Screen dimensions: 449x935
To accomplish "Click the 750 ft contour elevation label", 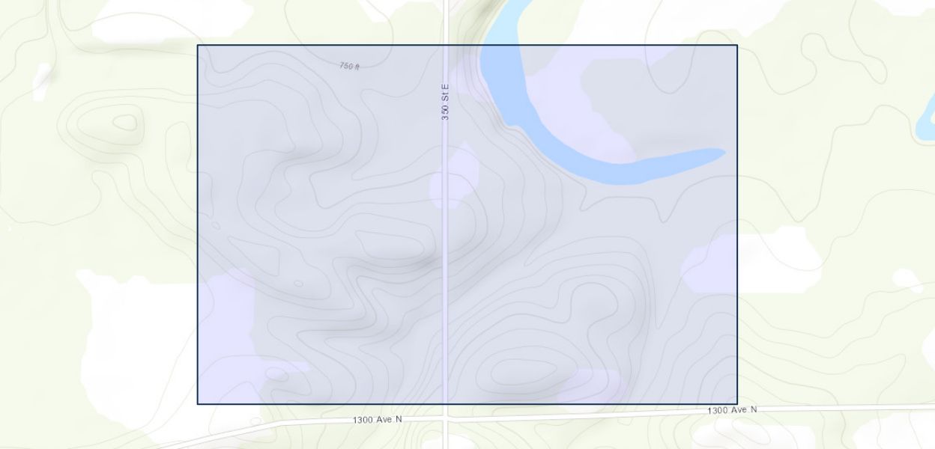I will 349,67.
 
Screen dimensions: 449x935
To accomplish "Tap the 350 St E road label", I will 445,102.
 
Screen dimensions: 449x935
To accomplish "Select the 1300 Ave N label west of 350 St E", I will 377,420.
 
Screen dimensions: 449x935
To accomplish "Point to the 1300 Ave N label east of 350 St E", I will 731,410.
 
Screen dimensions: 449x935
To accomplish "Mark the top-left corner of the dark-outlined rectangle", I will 198,46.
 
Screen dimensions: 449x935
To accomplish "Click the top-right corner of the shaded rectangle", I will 737,46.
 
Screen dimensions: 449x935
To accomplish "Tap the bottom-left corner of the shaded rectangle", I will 198,404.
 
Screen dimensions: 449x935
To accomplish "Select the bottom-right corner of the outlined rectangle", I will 737,404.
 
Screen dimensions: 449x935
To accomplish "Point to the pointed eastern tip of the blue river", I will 723,153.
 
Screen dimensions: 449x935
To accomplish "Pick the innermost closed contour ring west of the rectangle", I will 125,121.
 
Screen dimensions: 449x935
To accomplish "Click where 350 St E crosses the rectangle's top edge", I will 446,46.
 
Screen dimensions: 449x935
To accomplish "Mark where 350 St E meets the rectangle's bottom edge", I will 446,404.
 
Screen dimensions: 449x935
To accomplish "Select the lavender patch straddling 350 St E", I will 454,178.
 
